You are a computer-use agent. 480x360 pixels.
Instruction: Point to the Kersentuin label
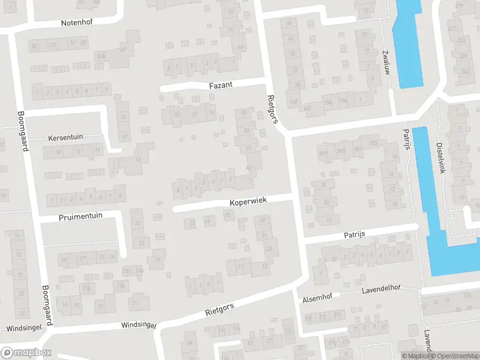[66, 137]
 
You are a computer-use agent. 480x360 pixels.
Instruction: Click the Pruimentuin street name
[81, 217]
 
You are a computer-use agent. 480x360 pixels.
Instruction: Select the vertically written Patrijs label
[407, 139]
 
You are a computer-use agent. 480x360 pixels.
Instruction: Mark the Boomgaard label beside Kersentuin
[22, 131]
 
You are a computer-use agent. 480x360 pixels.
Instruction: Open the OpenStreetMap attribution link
[454, 356]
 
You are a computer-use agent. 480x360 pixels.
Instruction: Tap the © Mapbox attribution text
[415, 356]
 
